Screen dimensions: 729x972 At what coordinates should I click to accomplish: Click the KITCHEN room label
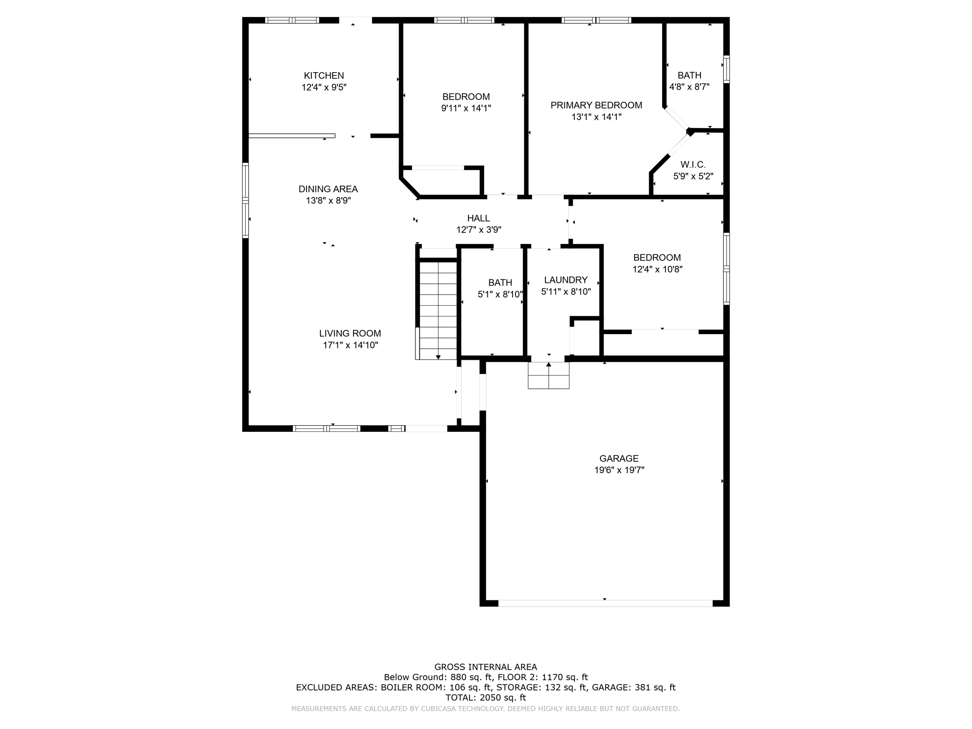[324, 75]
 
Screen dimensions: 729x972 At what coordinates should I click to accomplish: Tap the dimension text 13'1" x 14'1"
[596, 117]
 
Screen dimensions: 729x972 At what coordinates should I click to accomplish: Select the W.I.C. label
[693, 165]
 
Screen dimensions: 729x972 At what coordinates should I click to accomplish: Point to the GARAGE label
[619, 458]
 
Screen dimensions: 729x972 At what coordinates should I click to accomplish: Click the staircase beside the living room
[438, 310]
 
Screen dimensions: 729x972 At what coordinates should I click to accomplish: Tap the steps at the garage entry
[549, 376]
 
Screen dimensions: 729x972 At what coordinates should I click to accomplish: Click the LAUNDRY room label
[566, 280]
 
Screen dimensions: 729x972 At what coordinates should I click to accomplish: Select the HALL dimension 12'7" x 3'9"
[478, 230]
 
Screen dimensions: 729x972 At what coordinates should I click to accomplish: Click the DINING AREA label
[328, 189]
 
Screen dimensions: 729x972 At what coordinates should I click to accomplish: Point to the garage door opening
[605, 603]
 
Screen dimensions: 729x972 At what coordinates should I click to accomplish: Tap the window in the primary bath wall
[726, 69]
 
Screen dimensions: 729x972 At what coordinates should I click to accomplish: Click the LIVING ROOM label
[350, 334]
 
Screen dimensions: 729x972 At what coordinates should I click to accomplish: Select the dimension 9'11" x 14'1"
[466, 108]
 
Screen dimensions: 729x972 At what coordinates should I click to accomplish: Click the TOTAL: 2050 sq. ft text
[486, 698]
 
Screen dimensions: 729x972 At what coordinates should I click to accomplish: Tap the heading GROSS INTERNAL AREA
[486, 667]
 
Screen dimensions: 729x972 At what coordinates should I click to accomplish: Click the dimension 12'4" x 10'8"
[657, 269]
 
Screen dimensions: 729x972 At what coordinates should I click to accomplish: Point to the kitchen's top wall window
[292, 20]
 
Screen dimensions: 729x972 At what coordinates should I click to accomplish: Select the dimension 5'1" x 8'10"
[500, 294]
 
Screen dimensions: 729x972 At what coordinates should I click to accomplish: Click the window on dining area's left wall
[245, 200]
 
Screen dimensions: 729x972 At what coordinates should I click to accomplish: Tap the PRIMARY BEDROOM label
[596, 105]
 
